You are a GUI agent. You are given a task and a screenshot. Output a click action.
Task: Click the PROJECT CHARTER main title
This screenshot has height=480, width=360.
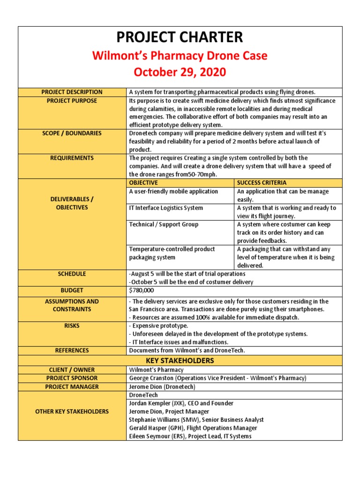[x=180, y=37]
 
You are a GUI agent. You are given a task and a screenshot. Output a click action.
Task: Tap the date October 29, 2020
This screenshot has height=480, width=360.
[x=180, y=72]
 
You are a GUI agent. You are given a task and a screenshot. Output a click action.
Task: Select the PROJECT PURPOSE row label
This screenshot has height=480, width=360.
[x=72, y=101]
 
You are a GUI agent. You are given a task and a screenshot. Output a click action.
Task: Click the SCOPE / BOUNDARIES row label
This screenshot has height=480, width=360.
[x=72, y=134]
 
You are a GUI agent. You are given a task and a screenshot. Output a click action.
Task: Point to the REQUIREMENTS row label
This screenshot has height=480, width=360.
[x=72, y=158]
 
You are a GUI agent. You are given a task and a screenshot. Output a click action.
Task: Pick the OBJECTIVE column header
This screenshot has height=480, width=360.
[x=143, y=183]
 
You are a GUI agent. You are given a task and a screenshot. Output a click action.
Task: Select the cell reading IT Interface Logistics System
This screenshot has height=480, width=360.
[x=166, y=208]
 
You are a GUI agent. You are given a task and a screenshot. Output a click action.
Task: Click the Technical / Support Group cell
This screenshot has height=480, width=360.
[x=164, y=225]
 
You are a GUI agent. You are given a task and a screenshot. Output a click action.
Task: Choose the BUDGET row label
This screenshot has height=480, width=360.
[x=72, y=291]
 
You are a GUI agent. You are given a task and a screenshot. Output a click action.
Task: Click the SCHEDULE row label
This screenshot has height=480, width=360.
[x=72, y=274]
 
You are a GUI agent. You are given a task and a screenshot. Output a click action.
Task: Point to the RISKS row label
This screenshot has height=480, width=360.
[x=72, y=325]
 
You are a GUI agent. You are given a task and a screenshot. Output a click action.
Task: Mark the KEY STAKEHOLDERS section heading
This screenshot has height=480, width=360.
[x=180, y=360]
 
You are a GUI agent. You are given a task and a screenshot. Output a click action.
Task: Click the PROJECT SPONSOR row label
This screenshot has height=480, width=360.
[x=72, y=378]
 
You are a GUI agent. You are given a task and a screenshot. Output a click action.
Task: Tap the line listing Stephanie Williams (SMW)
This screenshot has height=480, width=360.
[x=196, y=420]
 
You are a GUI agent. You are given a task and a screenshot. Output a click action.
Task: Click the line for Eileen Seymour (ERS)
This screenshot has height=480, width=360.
[x=190, y=436]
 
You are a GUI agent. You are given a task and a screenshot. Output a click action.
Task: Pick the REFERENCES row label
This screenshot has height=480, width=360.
[x=72, y=350]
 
